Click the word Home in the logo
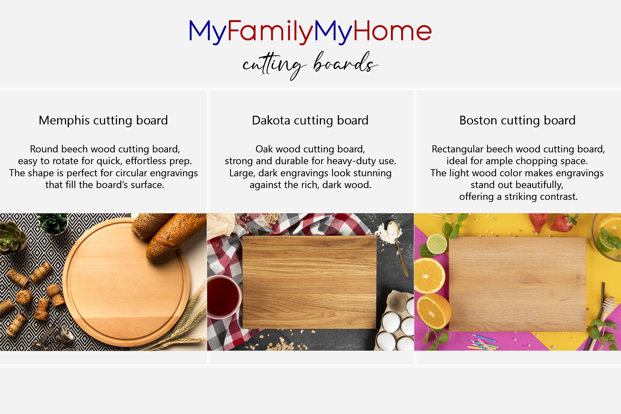tap(392, 31)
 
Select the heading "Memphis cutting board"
tap(103, 120)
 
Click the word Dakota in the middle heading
tap(271, 120)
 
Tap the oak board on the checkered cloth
tap(309, 282)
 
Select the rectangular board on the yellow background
tap(517, 284)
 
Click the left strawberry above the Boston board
tap(539, 222)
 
